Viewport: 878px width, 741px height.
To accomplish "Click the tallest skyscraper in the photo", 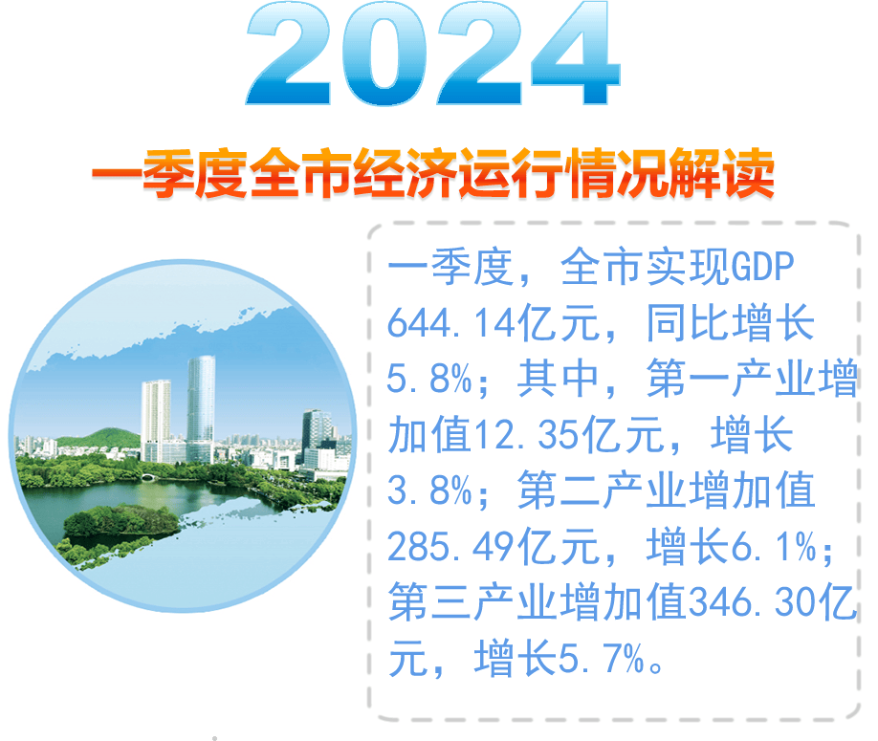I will tap(201, 402).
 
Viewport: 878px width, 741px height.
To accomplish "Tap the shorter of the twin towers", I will tap(156, 416).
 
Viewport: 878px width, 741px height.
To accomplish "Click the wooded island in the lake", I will tap(120, 522).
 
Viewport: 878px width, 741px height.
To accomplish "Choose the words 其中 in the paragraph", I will tap(560, 381).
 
